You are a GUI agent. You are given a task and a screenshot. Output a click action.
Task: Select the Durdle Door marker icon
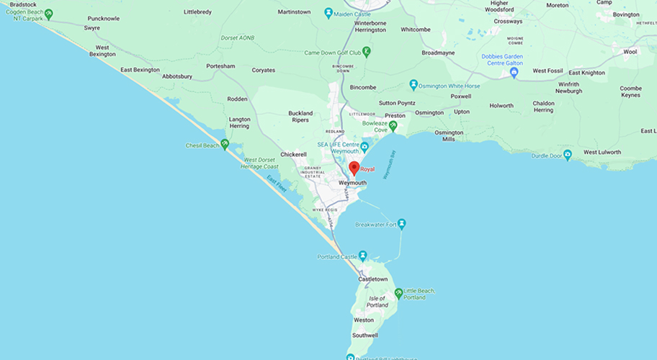567,154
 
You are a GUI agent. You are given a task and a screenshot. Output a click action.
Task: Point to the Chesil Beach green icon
225,145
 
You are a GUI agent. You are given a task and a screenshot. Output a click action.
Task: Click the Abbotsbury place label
177,76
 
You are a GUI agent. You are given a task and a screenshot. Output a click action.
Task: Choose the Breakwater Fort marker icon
402,224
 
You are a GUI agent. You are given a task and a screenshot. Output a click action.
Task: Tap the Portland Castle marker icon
363,256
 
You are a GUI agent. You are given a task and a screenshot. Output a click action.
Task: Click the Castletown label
373,279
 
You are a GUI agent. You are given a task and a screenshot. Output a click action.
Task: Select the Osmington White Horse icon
414,86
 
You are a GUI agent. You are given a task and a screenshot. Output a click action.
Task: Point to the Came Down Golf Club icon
366,52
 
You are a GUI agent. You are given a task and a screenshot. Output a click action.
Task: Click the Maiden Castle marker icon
328,12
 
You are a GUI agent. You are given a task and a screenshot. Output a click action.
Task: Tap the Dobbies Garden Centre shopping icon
514,72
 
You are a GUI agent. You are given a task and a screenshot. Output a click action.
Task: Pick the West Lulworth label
602,153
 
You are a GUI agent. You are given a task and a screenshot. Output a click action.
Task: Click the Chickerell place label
294,154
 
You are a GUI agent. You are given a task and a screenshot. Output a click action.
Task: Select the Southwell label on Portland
365,336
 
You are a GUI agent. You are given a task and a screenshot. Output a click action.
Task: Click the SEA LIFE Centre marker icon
365,148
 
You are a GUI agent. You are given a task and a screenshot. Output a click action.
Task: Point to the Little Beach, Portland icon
398,293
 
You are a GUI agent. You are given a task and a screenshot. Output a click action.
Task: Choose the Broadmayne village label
438,53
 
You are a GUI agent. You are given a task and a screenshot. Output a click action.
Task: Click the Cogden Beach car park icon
48,14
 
